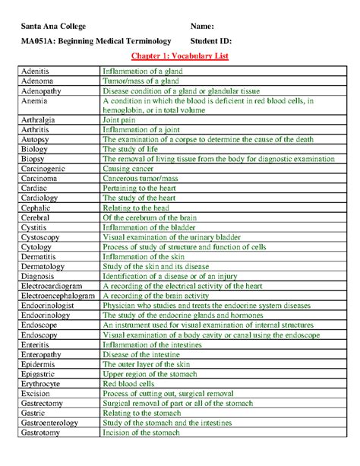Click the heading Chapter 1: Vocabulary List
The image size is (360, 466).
click(x=179, y=57)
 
